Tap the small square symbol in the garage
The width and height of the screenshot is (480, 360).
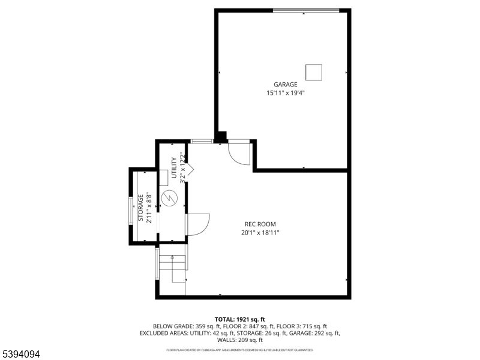click(314, 72)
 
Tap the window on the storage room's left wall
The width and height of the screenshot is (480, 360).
click(131, 210)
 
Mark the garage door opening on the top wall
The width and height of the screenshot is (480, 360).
click(306, 10)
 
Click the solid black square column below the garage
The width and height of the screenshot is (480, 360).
click(221, 138)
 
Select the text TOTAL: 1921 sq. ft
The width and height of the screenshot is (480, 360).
click(239, 319)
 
